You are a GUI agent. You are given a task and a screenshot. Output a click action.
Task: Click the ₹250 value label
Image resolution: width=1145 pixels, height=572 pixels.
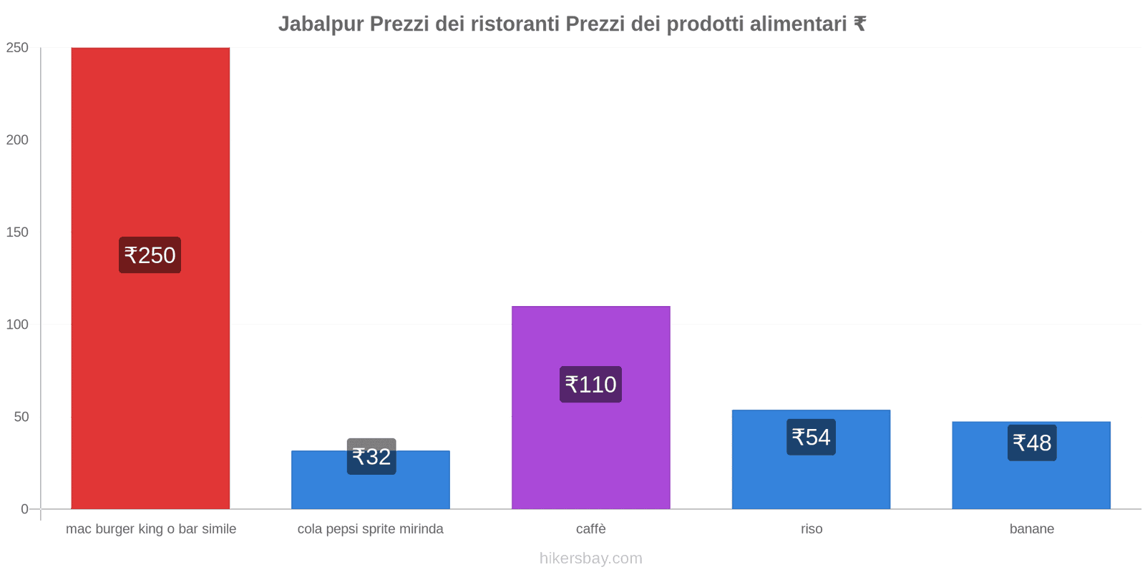click(150, 255)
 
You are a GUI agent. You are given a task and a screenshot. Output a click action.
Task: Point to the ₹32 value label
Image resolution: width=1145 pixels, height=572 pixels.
click(371, 456)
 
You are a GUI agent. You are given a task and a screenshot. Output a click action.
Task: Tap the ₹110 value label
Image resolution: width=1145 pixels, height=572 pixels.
click(590, 385)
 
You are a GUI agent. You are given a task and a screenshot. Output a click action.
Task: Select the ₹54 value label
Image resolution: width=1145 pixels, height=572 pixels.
click(811, 437)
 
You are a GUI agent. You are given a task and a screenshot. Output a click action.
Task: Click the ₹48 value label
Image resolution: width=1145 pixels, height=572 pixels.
click(1032, 443)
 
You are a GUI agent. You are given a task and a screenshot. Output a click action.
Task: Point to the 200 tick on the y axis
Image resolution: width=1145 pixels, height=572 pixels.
click(17, 140)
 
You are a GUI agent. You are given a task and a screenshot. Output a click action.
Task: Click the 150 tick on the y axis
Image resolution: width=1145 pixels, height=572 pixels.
click(17, 232)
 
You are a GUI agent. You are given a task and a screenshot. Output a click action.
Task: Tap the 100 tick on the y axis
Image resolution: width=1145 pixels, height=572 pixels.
click(17, 325)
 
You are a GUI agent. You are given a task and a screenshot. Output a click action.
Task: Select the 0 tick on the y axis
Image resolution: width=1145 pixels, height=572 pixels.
click(24, 509)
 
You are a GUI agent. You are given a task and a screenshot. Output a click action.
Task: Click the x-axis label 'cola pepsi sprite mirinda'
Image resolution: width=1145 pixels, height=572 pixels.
click(370, 529)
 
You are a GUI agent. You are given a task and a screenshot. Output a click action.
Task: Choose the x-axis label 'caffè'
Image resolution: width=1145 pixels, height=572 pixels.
click(590, 529)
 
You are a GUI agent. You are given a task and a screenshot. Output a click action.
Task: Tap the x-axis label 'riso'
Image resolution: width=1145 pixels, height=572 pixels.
click(812, 529)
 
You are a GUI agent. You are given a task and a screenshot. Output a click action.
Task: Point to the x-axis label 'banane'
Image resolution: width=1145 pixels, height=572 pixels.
click(1031, 529)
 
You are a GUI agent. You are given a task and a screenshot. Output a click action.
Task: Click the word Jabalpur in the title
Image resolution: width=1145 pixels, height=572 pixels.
click(321, 24)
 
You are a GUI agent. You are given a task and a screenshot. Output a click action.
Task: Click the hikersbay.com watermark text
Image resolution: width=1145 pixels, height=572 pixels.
click(590, 558)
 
